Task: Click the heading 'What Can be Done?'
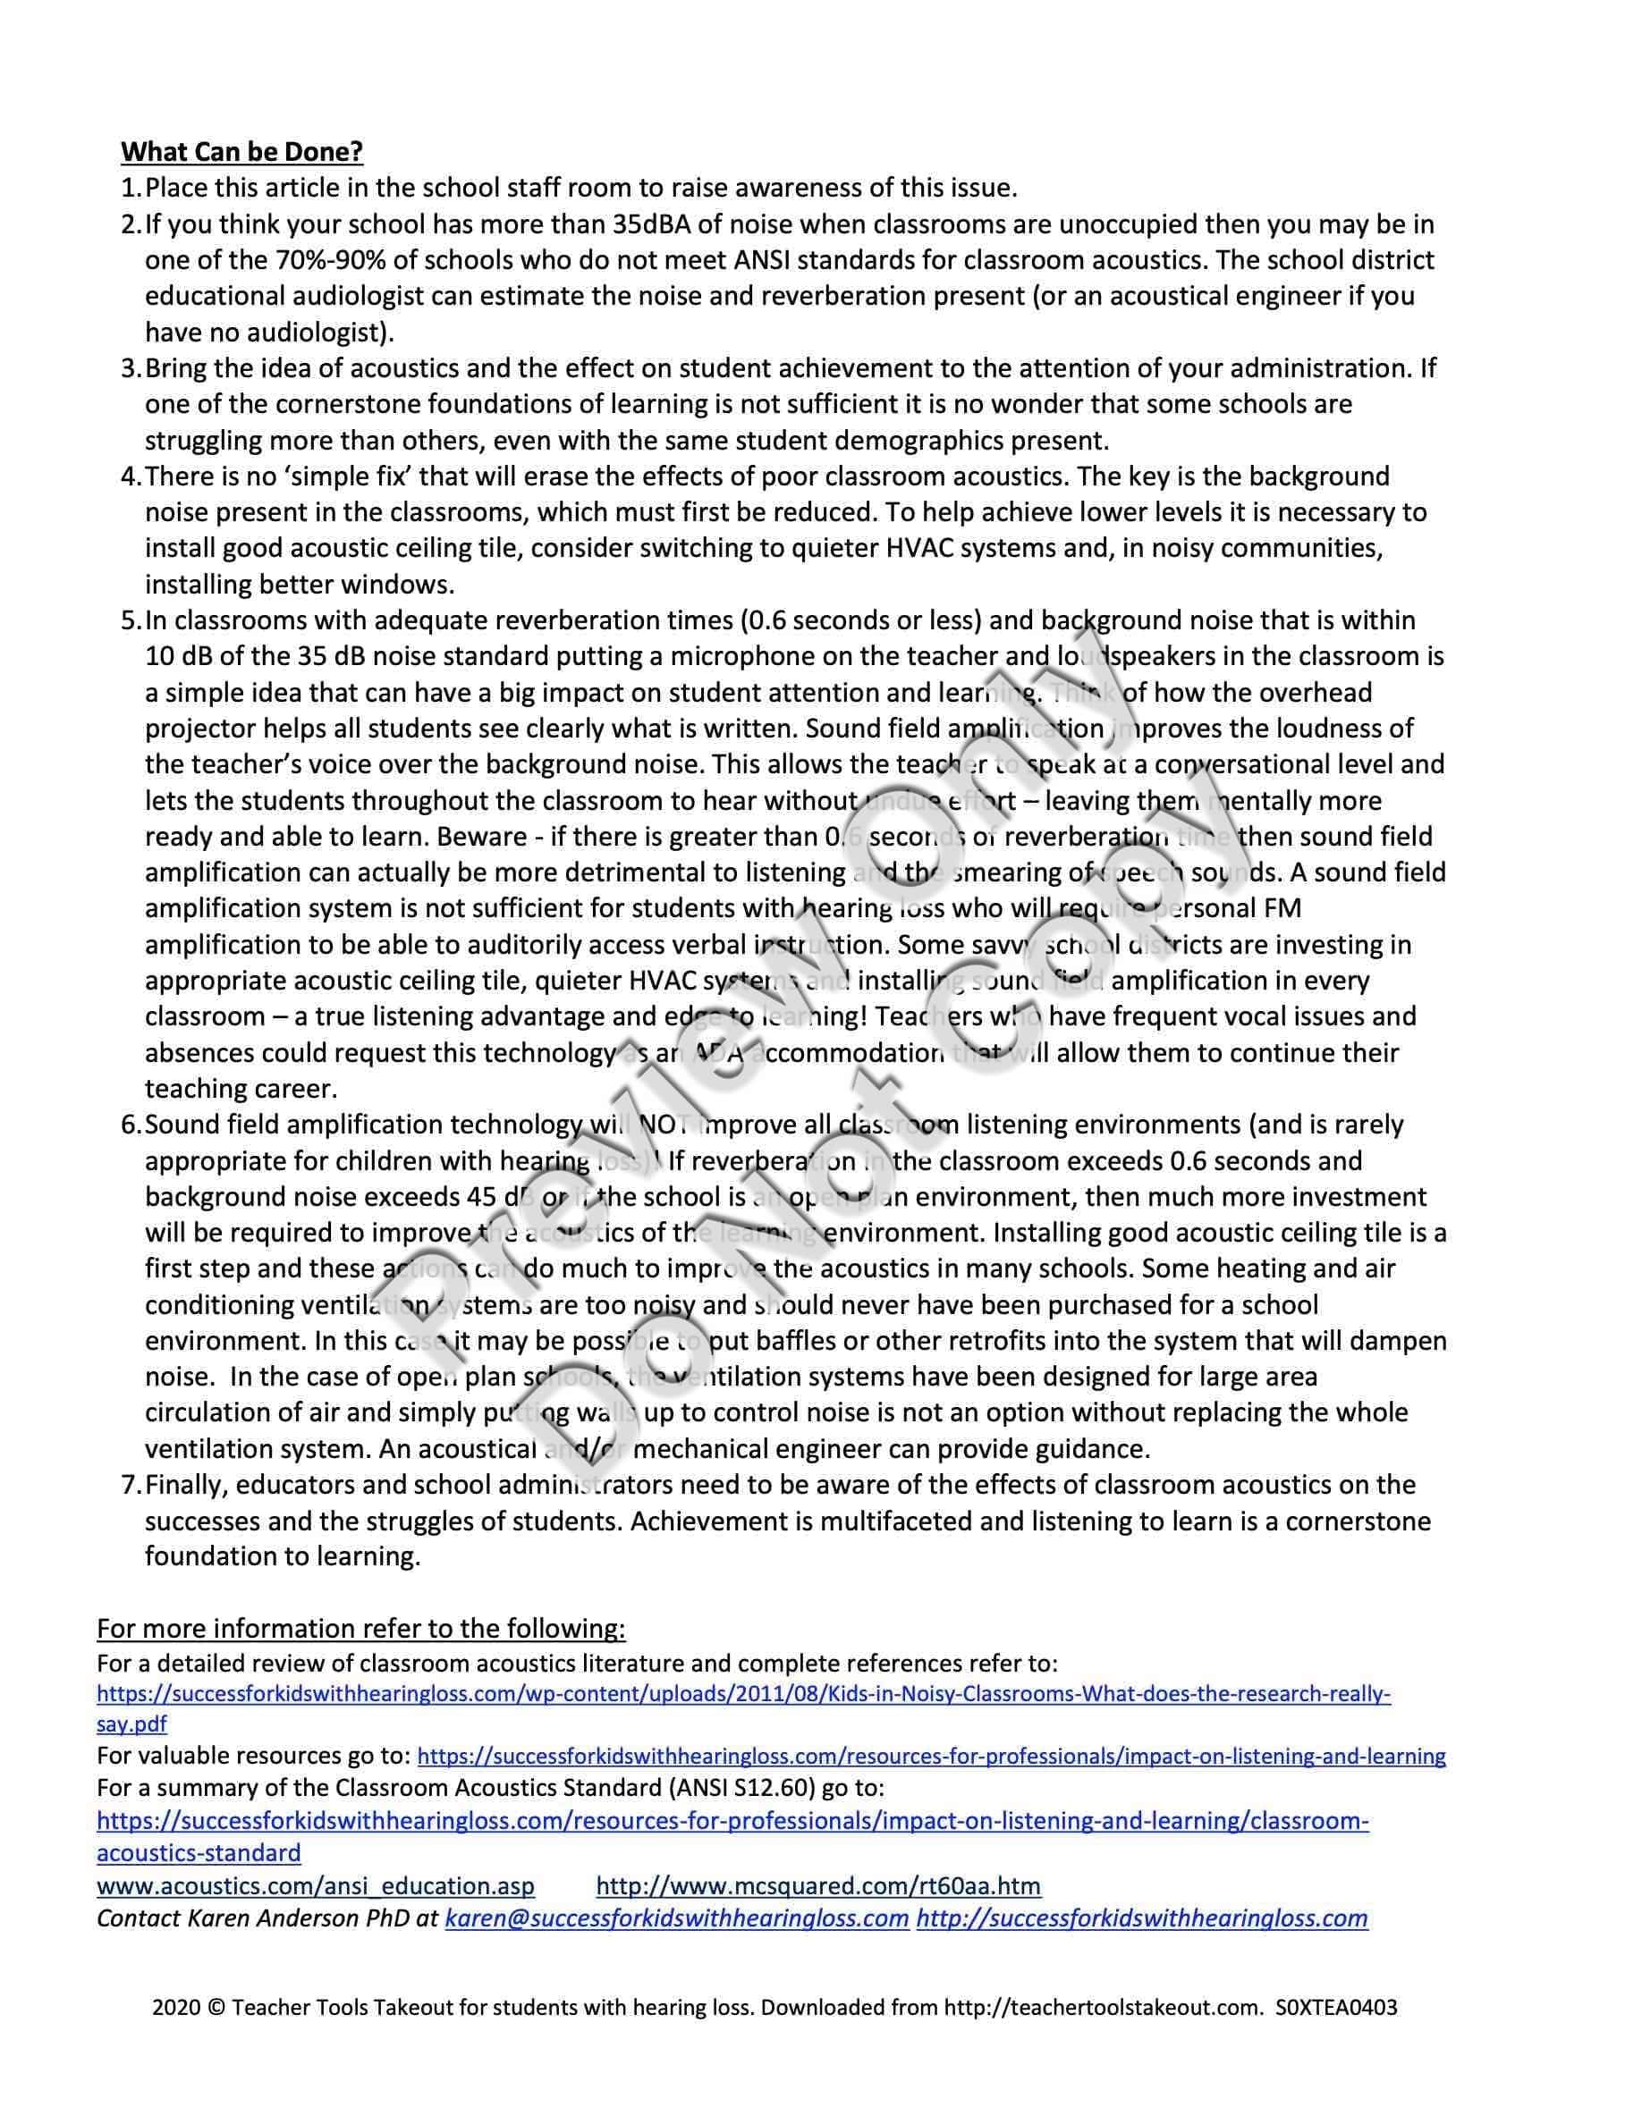pos(241,152)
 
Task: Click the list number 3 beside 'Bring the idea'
pos(131,368)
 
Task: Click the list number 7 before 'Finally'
pos(131,1485)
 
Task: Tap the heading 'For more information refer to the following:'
pos(361,1629)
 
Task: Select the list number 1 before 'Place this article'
pos(131,188)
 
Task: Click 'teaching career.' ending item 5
pos(241,1088)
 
